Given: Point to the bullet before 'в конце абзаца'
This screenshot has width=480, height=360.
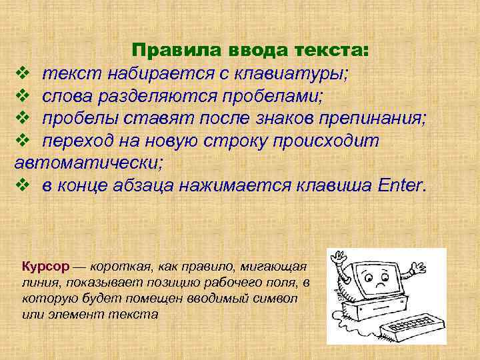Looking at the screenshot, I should (x=21, y=185).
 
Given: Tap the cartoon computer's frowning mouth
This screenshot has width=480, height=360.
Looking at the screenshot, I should (x=381, y=284).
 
